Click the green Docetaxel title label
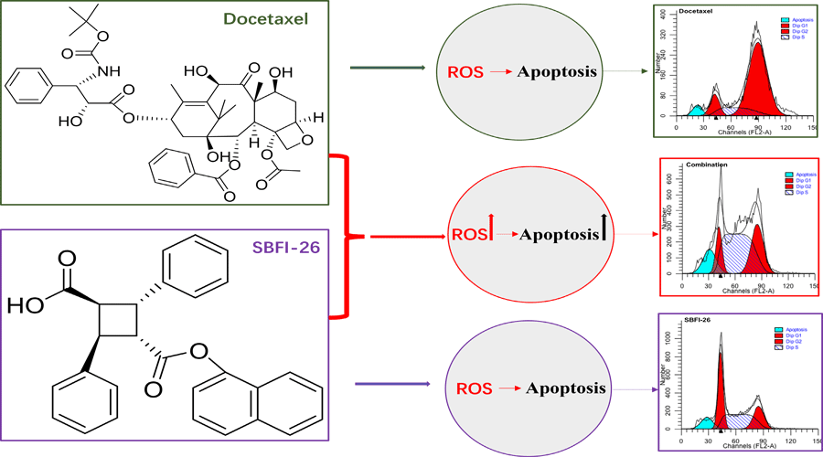(x=265, y=18)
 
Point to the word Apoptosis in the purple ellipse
(x=565, y=388)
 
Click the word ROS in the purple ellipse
(x=473, y=388)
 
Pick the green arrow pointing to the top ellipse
(x=388, y=69)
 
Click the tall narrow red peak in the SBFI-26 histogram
(x=720, y=384)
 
